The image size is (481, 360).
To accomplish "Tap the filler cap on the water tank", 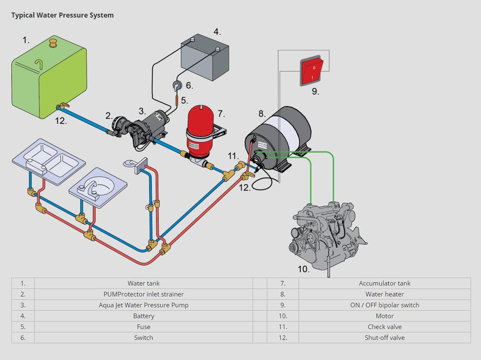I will tap(52, 44).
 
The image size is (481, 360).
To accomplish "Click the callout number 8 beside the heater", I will tap(262, 113).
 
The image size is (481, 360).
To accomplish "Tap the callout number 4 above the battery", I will tap(217, 32).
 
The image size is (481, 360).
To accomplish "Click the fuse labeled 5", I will tap(177, 100).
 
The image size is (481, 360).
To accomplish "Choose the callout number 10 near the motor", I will tap(303, 269).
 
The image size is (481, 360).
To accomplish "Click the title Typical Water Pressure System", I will tap(62, 15).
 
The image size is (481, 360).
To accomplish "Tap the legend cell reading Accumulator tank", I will tap(384, 283).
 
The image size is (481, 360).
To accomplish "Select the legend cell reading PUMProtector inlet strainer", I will tap(143, 294).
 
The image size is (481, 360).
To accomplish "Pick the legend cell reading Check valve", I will tap(384, 327).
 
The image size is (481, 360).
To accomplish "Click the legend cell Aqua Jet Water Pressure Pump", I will tap(143, 305).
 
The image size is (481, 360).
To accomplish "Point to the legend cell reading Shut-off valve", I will tap(384, 337).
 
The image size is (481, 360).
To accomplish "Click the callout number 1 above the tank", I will tap(26, 40).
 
